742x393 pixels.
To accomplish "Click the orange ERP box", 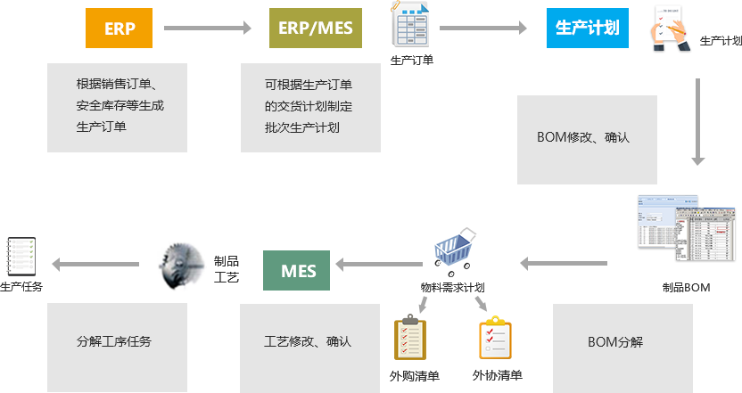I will coord(120,28).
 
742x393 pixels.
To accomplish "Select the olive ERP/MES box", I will coord(315,28).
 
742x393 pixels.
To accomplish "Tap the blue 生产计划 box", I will coord(587,28).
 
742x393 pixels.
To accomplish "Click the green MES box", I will coord(298,270).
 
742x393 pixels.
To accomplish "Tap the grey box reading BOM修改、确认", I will coord(584,138).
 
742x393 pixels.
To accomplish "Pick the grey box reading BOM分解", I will coord(615,342).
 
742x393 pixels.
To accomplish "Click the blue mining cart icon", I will coord(456,253).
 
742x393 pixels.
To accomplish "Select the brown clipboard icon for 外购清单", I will coord(410,337).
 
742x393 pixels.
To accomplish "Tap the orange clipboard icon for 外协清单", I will coord(495,337).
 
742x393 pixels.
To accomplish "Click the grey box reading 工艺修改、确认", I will coord(308,342).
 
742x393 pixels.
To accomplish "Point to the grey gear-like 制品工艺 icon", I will coord(182,266).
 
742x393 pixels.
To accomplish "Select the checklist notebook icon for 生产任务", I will coord(20,256).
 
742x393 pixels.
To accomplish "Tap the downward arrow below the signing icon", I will coord(698,120).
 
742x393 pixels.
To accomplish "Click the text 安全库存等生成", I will coord(120,106).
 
